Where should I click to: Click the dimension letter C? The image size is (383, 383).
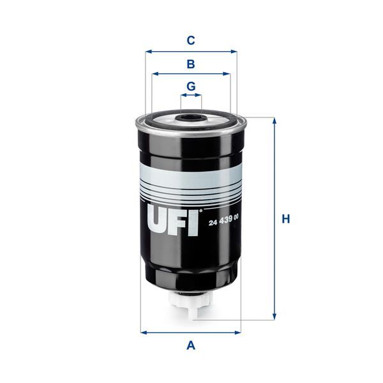[x=190, y=40]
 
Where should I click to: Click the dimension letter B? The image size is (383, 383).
[x=190, y=64]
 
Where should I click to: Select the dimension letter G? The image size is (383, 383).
[x=190, y=86]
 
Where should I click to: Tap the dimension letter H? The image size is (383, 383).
[x=287, y=219]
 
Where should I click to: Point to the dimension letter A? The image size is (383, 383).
[x=190, y=346]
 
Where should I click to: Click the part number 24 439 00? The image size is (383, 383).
[x=223, y=220]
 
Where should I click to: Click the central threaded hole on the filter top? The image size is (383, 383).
[x=190, y=117]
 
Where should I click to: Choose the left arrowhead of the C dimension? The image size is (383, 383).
[x=148, y=52]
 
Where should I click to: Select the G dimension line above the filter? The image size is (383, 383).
[x=190, y=96]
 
